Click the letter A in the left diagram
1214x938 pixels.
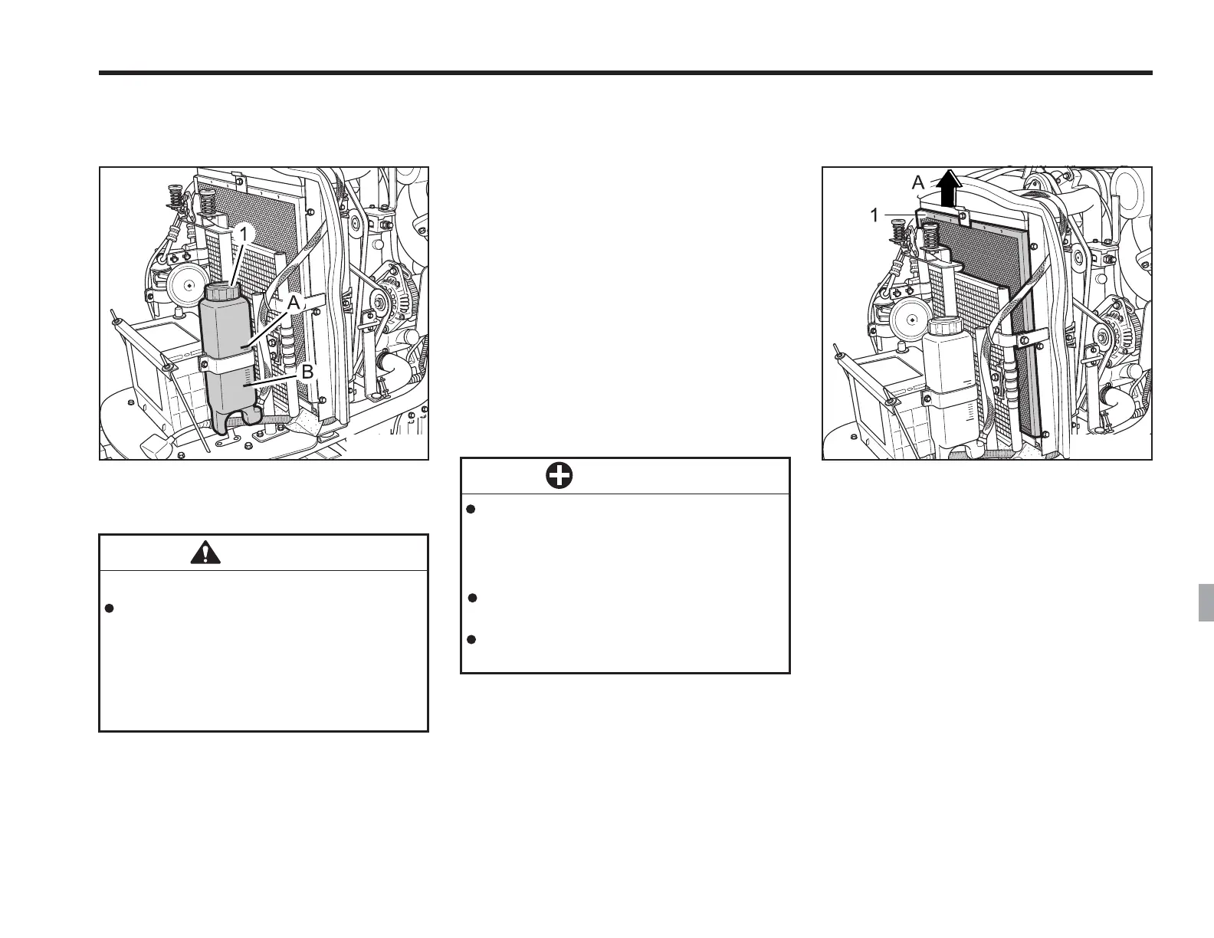293,303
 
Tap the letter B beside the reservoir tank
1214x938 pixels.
307,372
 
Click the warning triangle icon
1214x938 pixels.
205,553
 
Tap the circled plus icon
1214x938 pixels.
559,477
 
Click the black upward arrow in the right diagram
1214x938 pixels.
949,189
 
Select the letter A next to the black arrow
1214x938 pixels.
918,183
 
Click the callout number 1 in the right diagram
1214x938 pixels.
874,217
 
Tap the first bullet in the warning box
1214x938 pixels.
109,608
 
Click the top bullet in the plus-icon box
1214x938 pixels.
472,509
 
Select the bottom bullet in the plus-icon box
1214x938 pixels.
472,639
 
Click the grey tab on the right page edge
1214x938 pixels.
1205,602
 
